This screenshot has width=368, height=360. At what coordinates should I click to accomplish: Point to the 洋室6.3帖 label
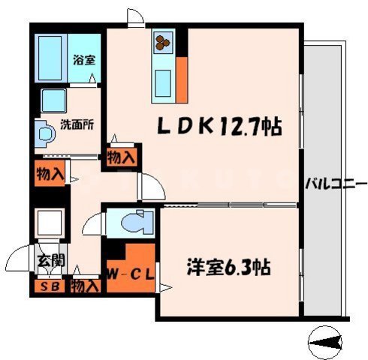(228, 265)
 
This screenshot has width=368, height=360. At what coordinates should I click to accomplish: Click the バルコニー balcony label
(336, 182)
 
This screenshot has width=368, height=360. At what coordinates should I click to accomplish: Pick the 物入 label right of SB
(85, 286)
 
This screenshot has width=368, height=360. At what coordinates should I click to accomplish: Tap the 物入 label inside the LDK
(121, 157)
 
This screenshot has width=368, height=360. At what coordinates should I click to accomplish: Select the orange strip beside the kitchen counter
(181, 77)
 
